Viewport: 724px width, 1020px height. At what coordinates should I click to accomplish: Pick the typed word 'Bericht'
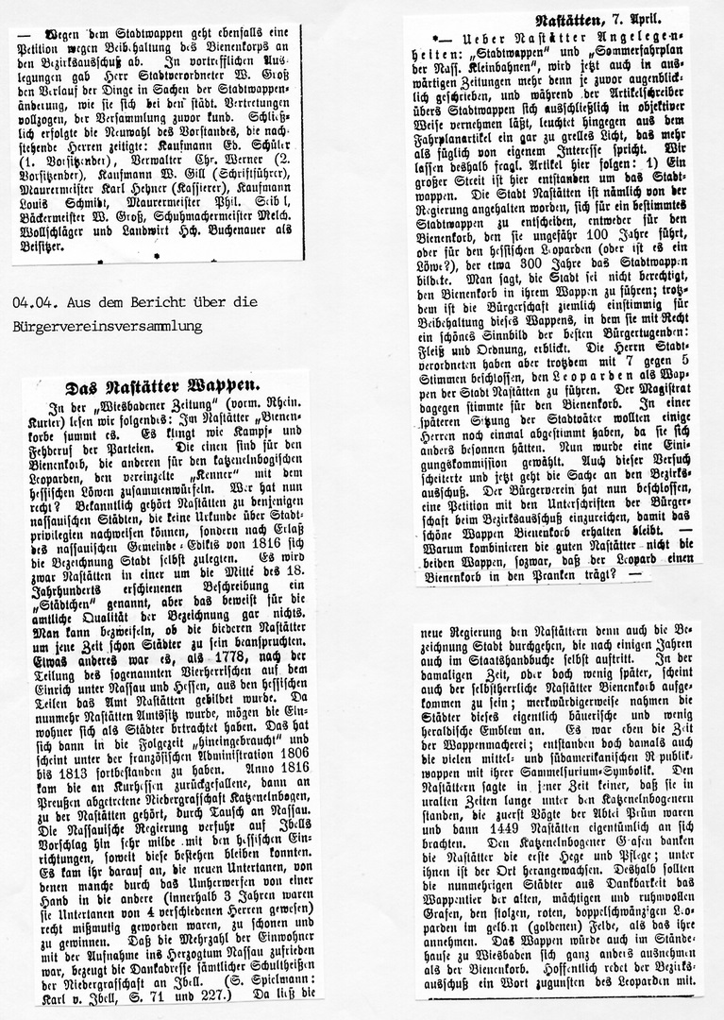point(138,302)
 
